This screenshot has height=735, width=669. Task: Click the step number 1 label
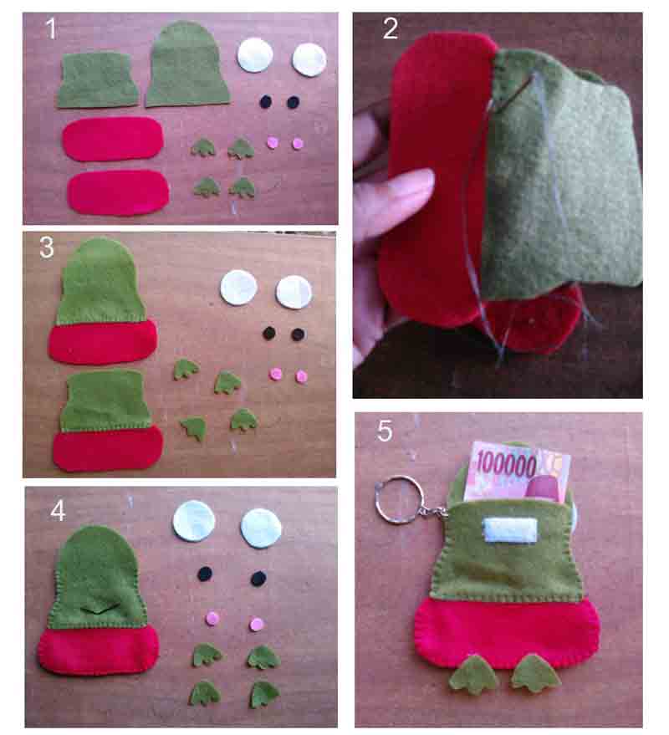51,30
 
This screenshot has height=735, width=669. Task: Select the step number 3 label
48,248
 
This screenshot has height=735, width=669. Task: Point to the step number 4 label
58,510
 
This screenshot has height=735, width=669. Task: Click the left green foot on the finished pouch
474,675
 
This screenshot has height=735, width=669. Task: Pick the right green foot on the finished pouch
535,673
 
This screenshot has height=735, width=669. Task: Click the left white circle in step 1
255,55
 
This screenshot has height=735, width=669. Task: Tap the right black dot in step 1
293,102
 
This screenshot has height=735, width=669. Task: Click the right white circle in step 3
294,292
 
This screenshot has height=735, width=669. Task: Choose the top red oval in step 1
113,139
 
